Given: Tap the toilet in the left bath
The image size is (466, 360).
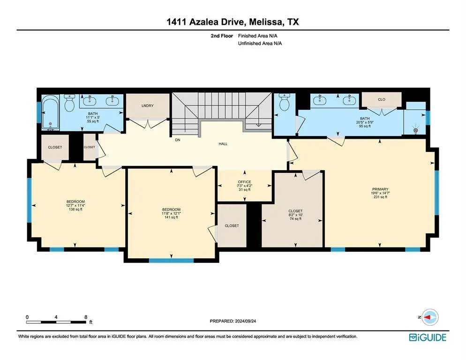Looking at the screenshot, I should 70,104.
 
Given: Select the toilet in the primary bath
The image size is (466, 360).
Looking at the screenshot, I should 284,103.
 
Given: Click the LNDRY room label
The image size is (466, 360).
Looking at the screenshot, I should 148,106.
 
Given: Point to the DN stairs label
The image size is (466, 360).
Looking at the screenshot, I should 177,140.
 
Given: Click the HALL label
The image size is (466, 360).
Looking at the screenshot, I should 223,144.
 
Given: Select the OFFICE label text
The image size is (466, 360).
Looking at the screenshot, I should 244,182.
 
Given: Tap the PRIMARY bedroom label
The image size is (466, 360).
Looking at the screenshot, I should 380,189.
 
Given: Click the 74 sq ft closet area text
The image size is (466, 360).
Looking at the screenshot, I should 295,219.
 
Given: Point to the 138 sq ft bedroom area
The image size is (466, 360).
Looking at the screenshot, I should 75,209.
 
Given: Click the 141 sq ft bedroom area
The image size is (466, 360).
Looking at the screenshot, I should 171,217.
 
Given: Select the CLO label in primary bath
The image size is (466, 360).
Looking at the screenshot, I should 382,99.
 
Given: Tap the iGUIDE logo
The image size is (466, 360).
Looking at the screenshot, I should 427,337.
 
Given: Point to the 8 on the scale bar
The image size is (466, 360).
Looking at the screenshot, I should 85,317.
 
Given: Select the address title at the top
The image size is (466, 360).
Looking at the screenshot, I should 233,22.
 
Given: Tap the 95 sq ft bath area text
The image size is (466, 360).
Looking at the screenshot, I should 365,126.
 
